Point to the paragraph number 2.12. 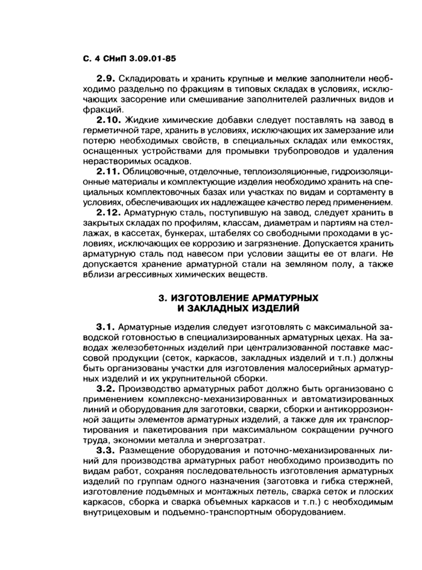point(109,214)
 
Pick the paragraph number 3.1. point(106,327)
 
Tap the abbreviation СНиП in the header point(112,59)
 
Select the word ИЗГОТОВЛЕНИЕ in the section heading point(215,298)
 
